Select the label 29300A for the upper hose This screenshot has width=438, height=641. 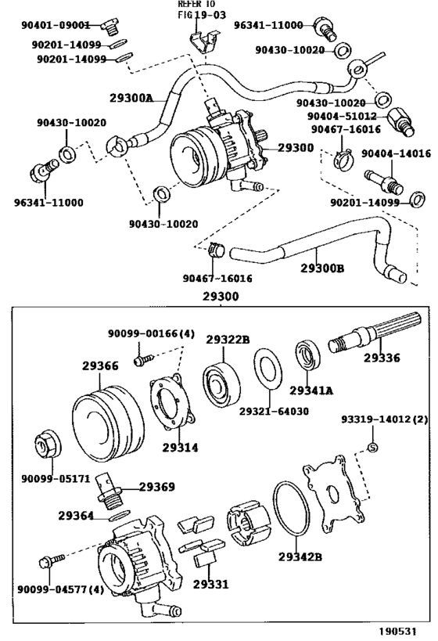coord(131,99)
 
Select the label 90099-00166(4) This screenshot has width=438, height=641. coord(151,334)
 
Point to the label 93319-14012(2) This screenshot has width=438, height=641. coord(384,419)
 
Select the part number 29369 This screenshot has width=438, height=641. coord(156,487)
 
